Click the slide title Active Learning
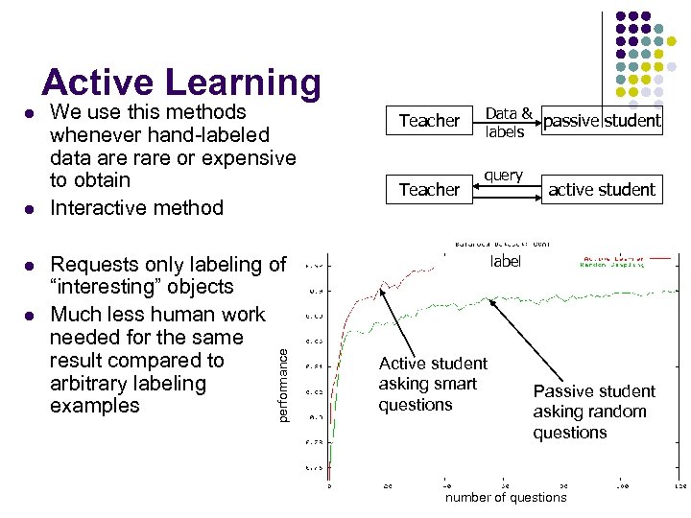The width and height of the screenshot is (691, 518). pyautogui.click(x=181, y=82)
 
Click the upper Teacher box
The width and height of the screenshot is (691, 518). pyautogui.click(x=429, y=120)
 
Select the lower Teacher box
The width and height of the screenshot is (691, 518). pyautogui.click(x=429, y=189)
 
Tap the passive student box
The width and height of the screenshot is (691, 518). pyautogui.click(x=602, y=120)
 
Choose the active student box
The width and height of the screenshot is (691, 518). pyautogui.click(x=602, y=189)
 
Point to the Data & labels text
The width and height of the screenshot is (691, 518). pyautogui.click(x=507, y=123)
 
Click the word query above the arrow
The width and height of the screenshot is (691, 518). pyautogui.click(x=504, y=176)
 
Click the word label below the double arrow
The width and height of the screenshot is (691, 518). pyautogui.click(x=506, y=262)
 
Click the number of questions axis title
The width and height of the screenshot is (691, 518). pyautogui.click(x=506, y=497)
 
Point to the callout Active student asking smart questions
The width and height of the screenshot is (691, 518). pyautogui.click(x=433, y=384)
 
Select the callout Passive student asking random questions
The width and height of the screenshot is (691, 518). pyautogui.click(x=593, y=412)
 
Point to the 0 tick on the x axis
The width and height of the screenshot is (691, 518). pyautogui.click(x=330, y=486)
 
